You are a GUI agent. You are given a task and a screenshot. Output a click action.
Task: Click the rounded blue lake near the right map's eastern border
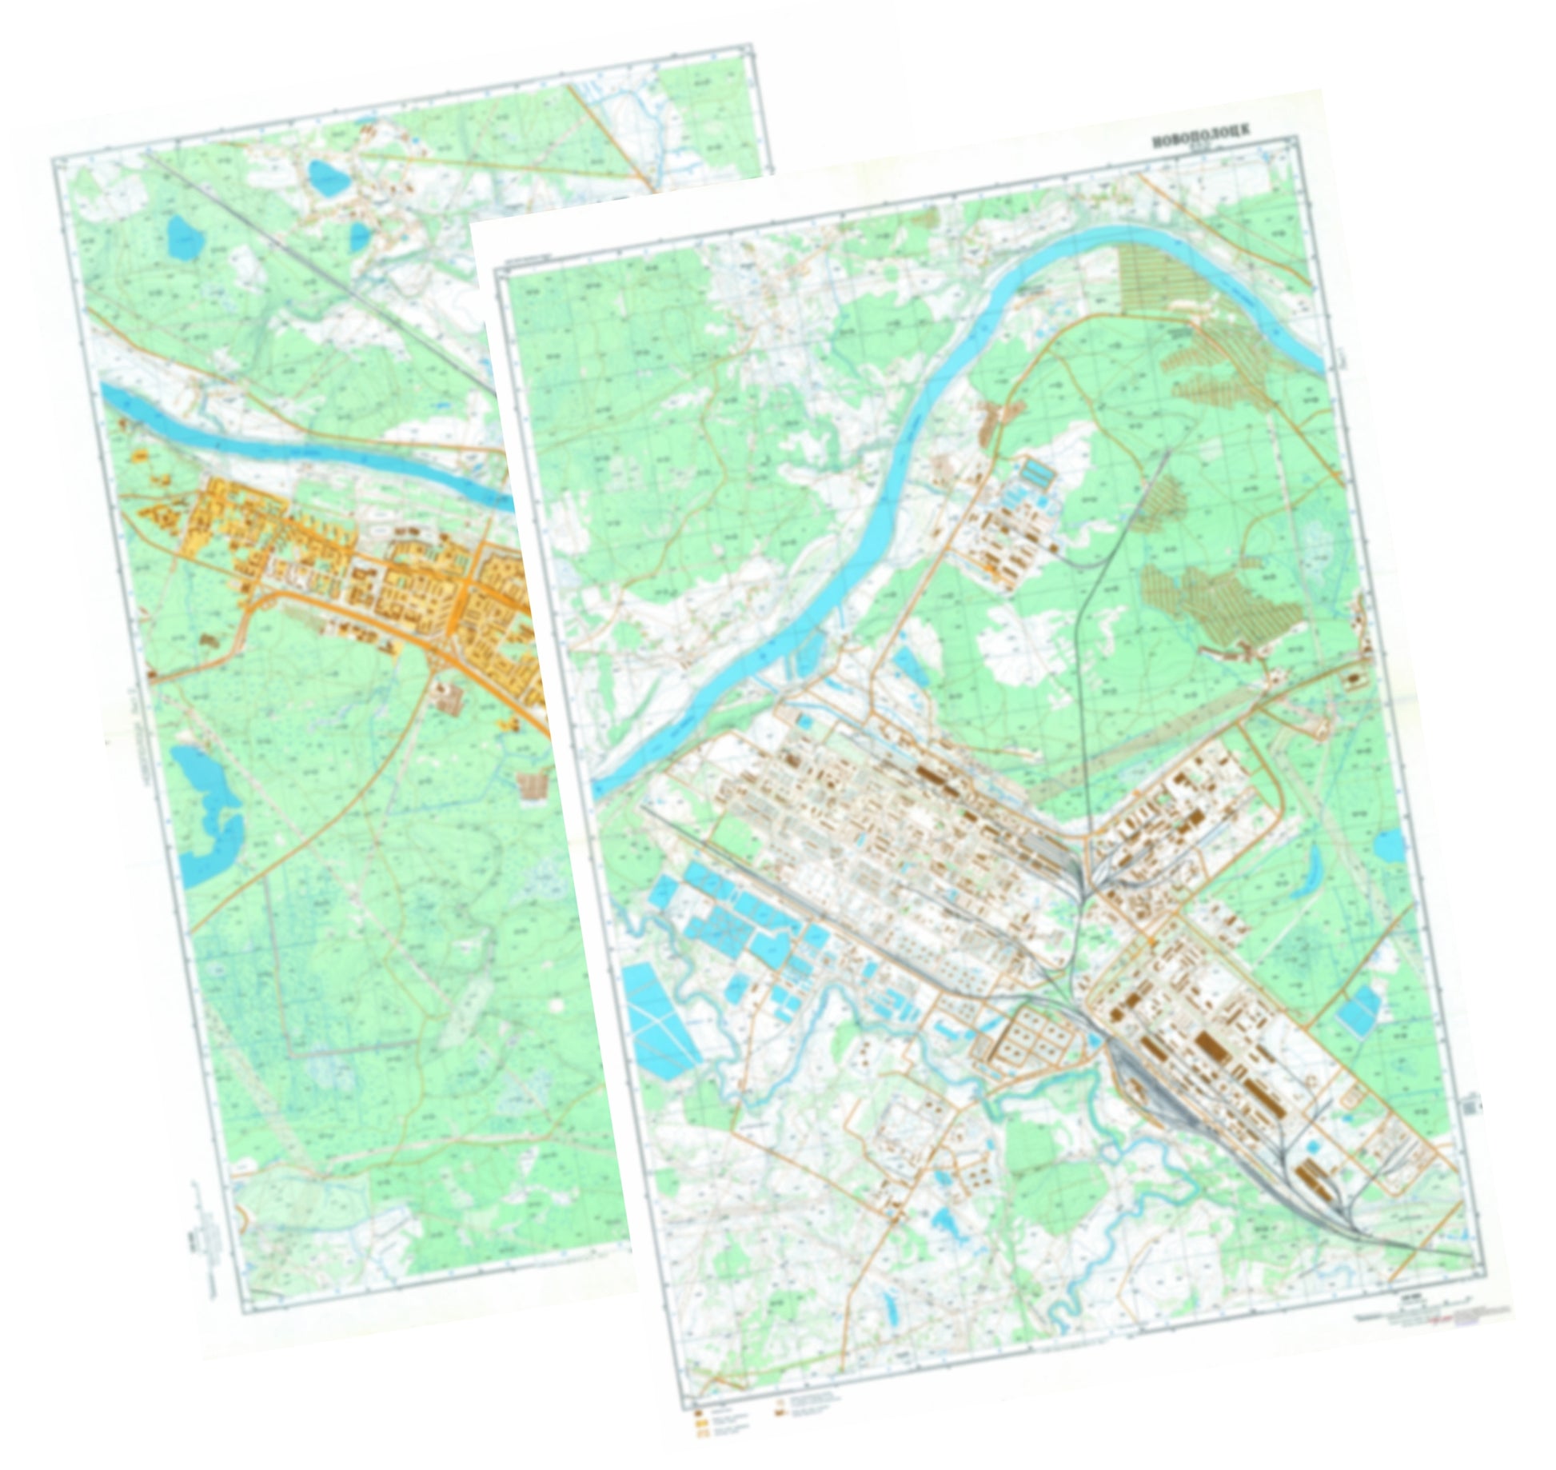1390,845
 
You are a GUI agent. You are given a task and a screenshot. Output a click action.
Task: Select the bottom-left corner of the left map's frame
248,1312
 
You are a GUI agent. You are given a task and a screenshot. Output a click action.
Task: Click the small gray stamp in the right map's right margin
1471,1107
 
